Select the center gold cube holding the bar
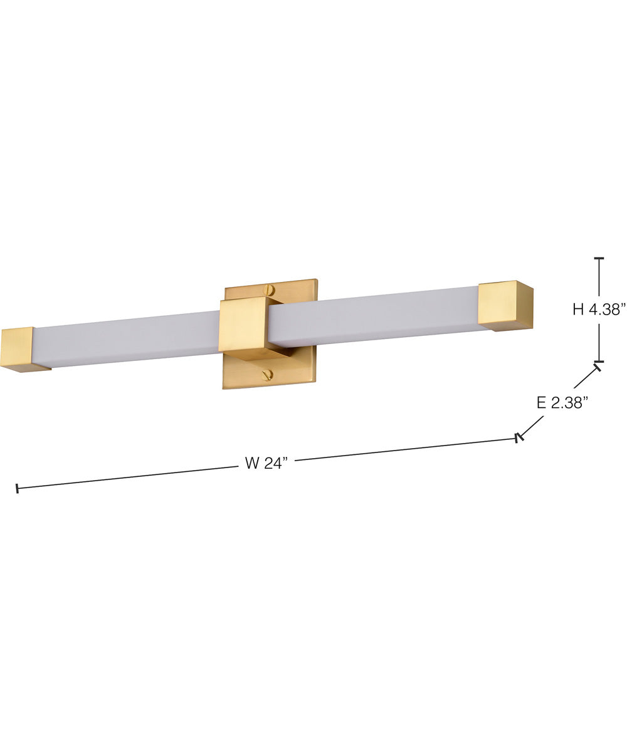pos(245,325)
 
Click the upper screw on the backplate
pos(270,290)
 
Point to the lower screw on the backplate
pos(268,375)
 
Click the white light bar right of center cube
pos(376,316)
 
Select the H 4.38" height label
pos(599,309)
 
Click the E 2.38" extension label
pos(561,403)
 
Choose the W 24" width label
pos(266,464)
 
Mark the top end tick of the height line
pos(599,258)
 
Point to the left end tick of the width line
pos(17,488)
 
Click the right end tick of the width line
pos(518,437)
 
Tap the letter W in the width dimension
pos(252,464)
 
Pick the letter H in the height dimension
pos(578,309)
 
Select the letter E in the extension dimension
pos(541,403)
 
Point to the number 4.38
pos(606,309)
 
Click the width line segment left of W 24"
pos(125,477)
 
